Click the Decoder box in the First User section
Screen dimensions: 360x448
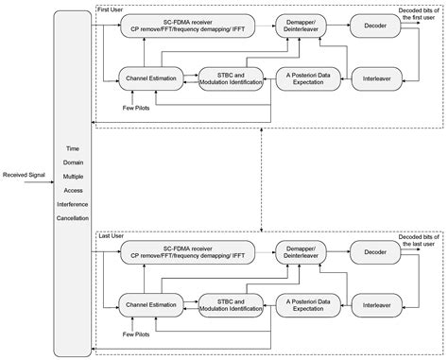[x=370, y=27]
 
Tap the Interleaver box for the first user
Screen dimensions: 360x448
[x=370, y=78]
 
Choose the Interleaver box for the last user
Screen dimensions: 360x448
[x=370, y=303]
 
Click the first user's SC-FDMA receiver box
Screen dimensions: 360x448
[x=183, y=27]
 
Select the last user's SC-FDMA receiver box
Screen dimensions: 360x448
[x=183, y=250]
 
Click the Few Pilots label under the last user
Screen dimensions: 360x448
[x=136, y=334]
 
